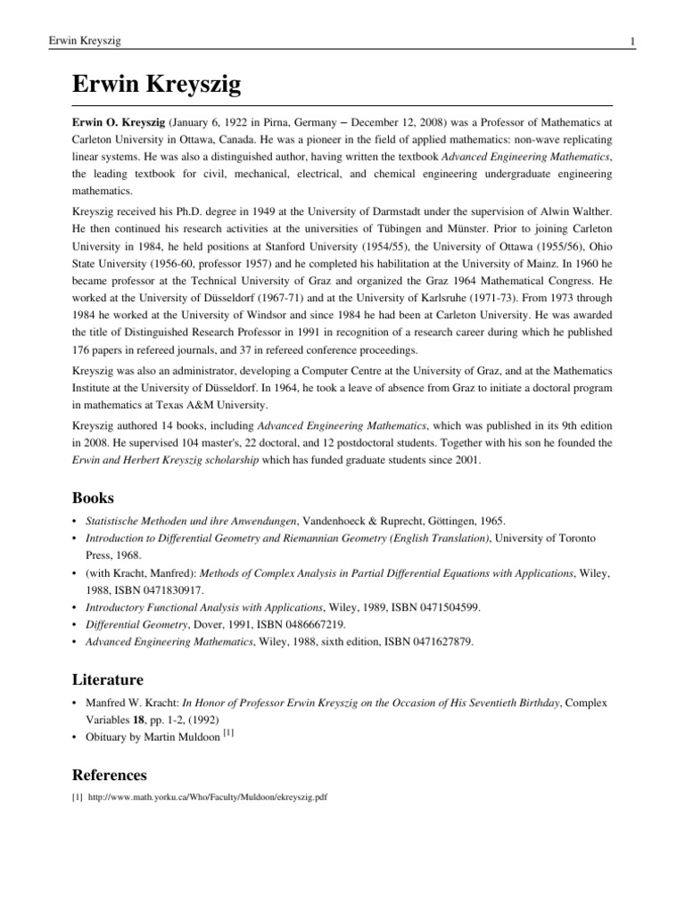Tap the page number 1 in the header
[631, 42]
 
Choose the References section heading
[111, 775]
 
